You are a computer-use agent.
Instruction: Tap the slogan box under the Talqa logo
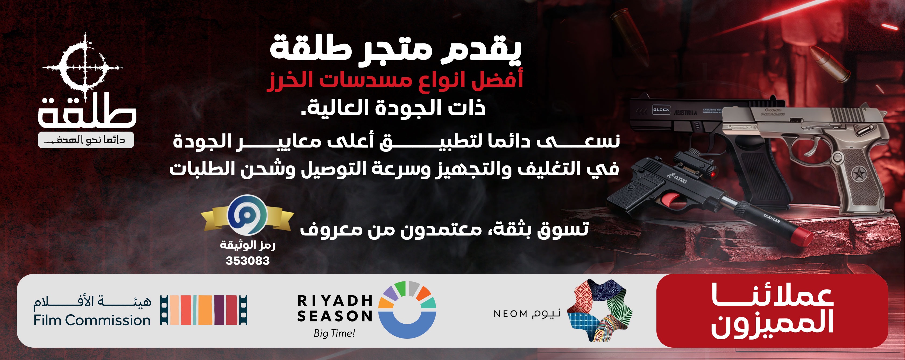point(86,140)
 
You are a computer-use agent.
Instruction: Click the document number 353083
point(248,261)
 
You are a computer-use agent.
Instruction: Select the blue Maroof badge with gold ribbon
point(247,215)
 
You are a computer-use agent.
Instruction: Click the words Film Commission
point(92,320)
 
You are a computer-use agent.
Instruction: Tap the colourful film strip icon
point(204,310)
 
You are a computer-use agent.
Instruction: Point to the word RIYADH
point(335,301)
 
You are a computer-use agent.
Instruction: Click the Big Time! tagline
point(334,333)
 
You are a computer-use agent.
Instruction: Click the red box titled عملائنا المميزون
point(772,311)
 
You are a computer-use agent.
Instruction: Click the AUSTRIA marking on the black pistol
point(685,113)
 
